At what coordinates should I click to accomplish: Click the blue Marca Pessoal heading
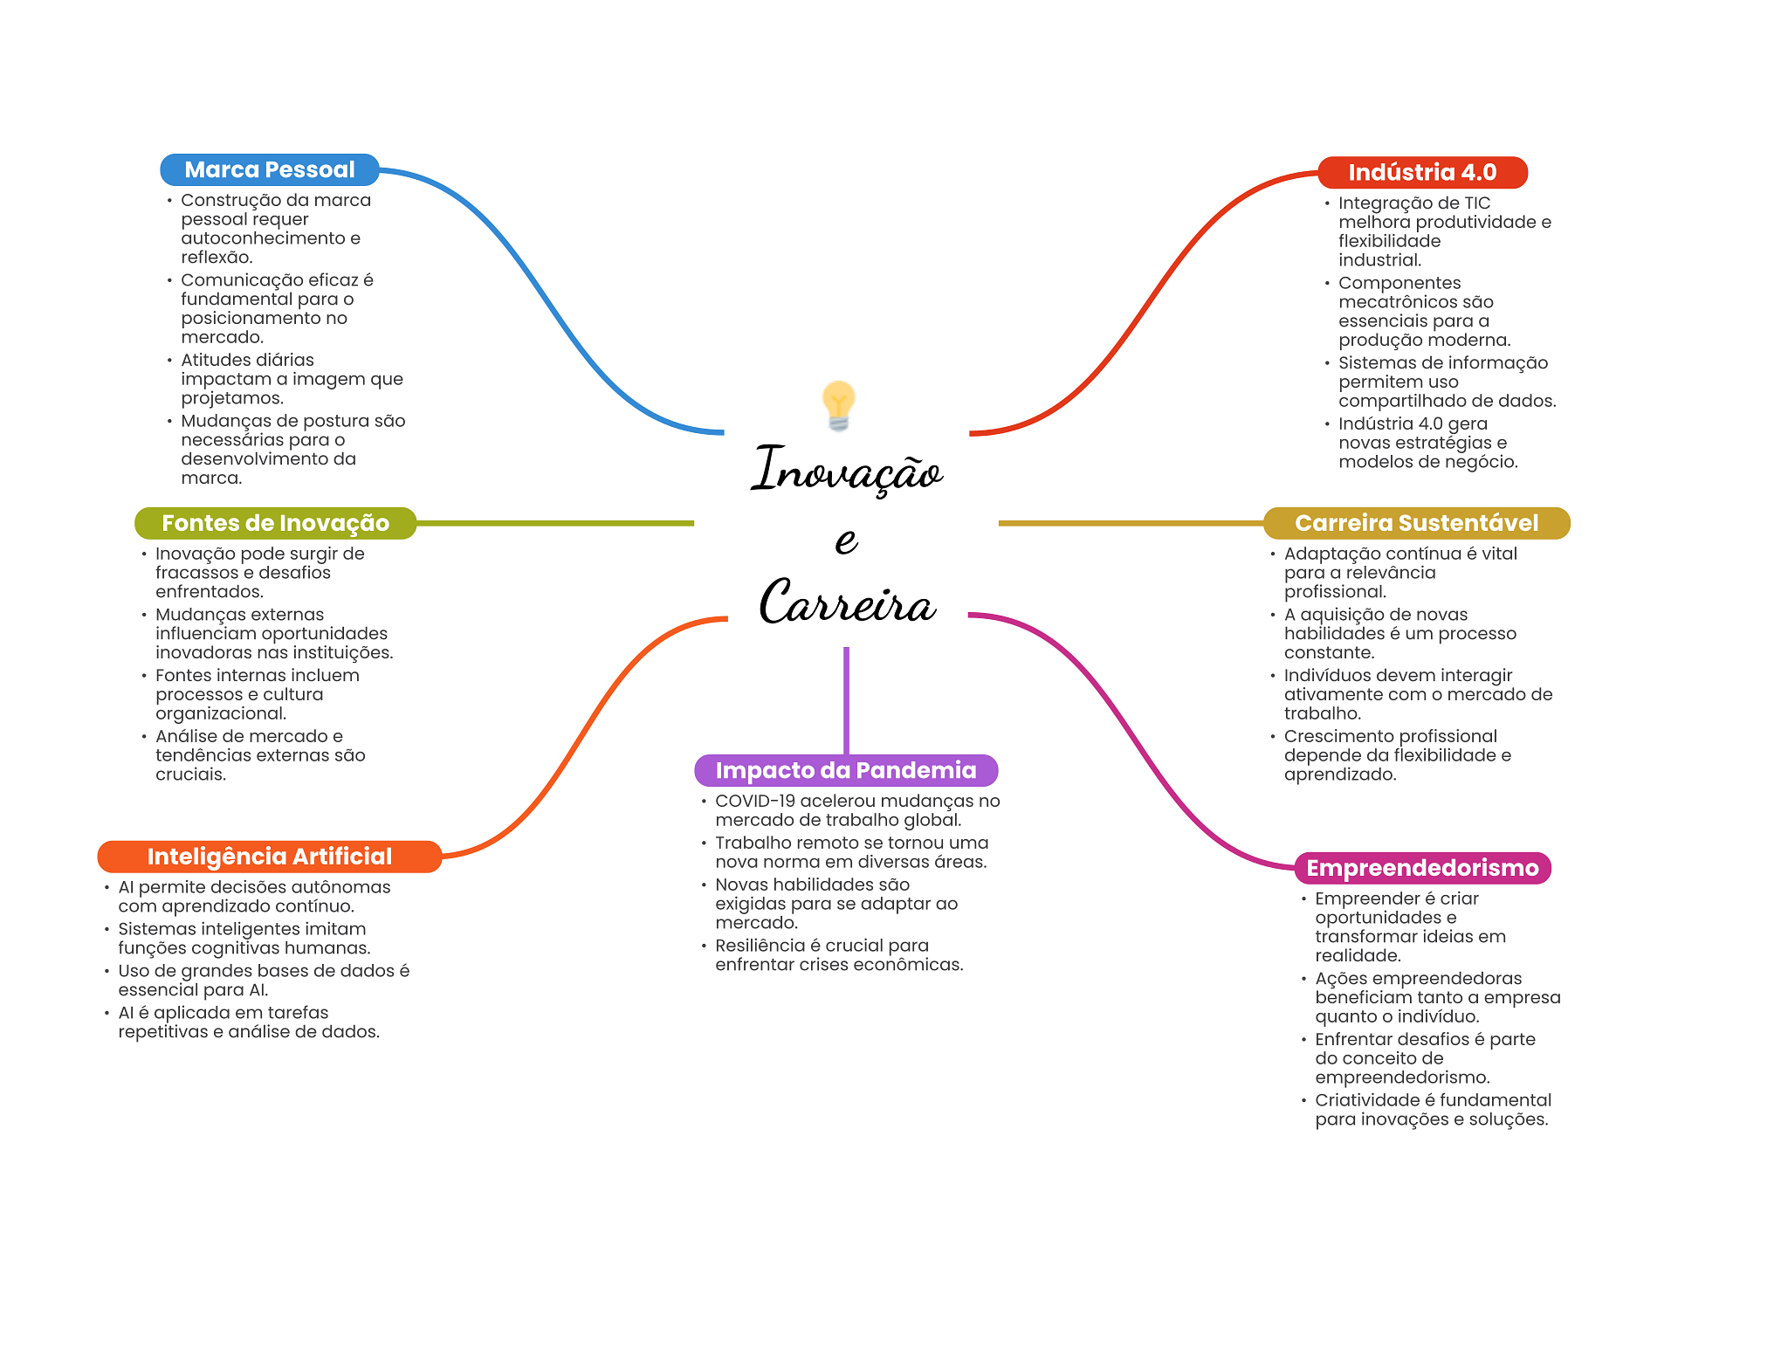(x=269, y=169)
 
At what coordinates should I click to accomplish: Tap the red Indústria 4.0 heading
(x=1421, y=172)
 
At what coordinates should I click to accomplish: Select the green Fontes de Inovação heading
(x=275, y=523)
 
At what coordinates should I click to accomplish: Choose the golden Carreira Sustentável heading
(x=1416, y=523)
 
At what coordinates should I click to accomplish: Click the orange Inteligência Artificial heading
(x=269, y=857)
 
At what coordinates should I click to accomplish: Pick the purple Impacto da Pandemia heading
(x=845, y=770)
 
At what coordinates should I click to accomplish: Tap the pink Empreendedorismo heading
(x=1421, y=868)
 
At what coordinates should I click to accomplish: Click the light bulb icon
(x=838, y=405)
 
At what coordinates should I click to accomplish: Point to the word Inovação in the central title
(x=847, y=470)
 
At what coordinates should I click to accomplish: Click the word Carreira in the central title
(x=847, y=602)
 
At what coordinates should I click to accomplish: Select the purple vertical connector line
(x=846, y=699)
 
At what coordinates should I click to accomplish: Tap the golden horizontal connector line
(x=1131, y=523)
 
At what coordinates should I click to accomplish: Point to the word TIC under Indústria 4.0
(x=1477, y=203)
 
